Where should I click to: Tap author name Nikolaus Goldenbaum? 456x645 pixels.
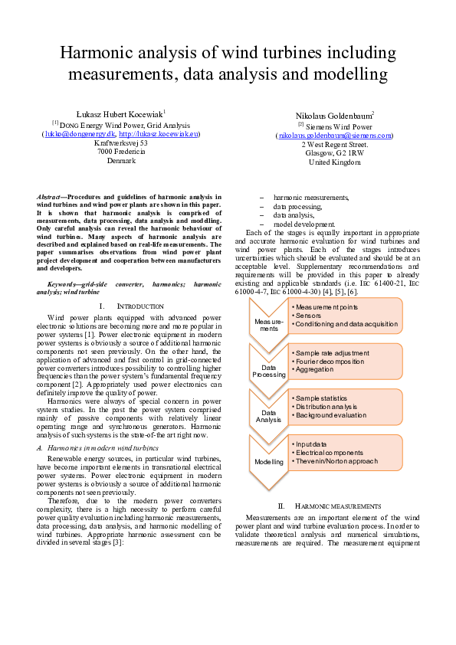click(x=334, y=116)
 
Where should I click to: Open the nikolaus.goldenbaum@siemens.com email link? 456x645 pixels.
click(x=335, y=136)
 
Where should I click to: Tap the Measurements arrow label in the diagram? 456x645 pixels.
click(x=268, y=325)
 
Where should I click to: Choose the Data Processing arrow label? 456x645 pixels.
click(x=268, y=372)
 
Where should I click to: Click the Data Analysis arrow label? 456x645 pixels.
click(x=268, y=416)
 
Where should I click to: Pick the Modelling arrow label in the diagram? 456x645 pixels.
click(x=268, y=462)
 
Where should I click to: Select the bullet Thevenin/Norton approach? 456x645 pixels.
click(x=335, y=462)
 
